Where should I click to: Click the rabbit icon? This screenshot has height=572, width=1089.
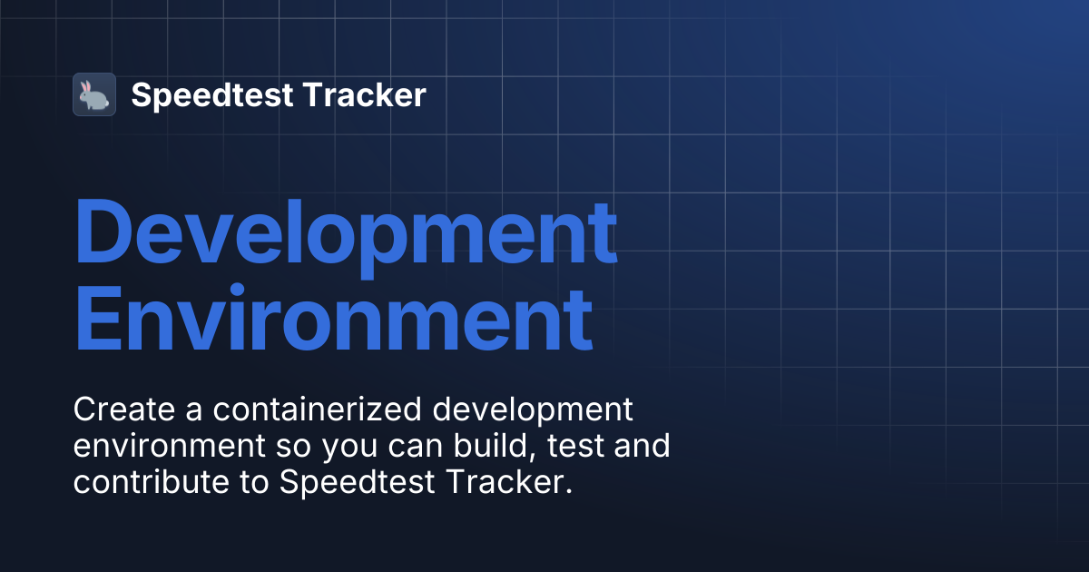[93, 94]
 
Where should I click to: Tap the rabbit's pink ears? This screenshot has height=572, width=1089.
[85, 87]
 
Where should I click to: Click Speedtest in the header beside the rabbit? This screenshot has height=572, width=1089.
[212, 96]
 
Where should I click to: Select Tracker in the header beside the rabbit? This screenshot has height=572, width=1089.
[365, 94]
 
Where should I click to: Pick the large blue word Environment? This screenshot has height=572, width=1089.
[334, 318]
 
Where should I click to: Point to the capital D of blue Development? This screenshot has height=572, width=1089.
[101, 231]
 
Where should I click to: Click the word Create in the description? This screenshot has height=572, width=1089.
[124, 409]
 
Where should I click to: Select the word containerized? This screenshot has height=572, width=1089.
[317, 409]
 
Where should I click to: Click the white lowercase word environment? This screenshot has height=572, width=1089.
[169, 446]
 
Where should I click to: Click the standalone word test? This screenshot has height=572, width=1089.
[575, 446]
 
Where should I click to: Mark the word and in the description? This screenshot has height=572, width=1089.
[642, 446]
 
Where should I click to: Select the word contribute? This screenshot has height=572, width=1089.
[152, 481]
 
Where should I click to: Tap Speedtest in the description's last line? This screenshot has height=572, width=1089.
[357, 482]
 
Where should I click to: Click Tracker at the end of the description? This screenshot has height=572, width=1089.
[509, 481]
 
